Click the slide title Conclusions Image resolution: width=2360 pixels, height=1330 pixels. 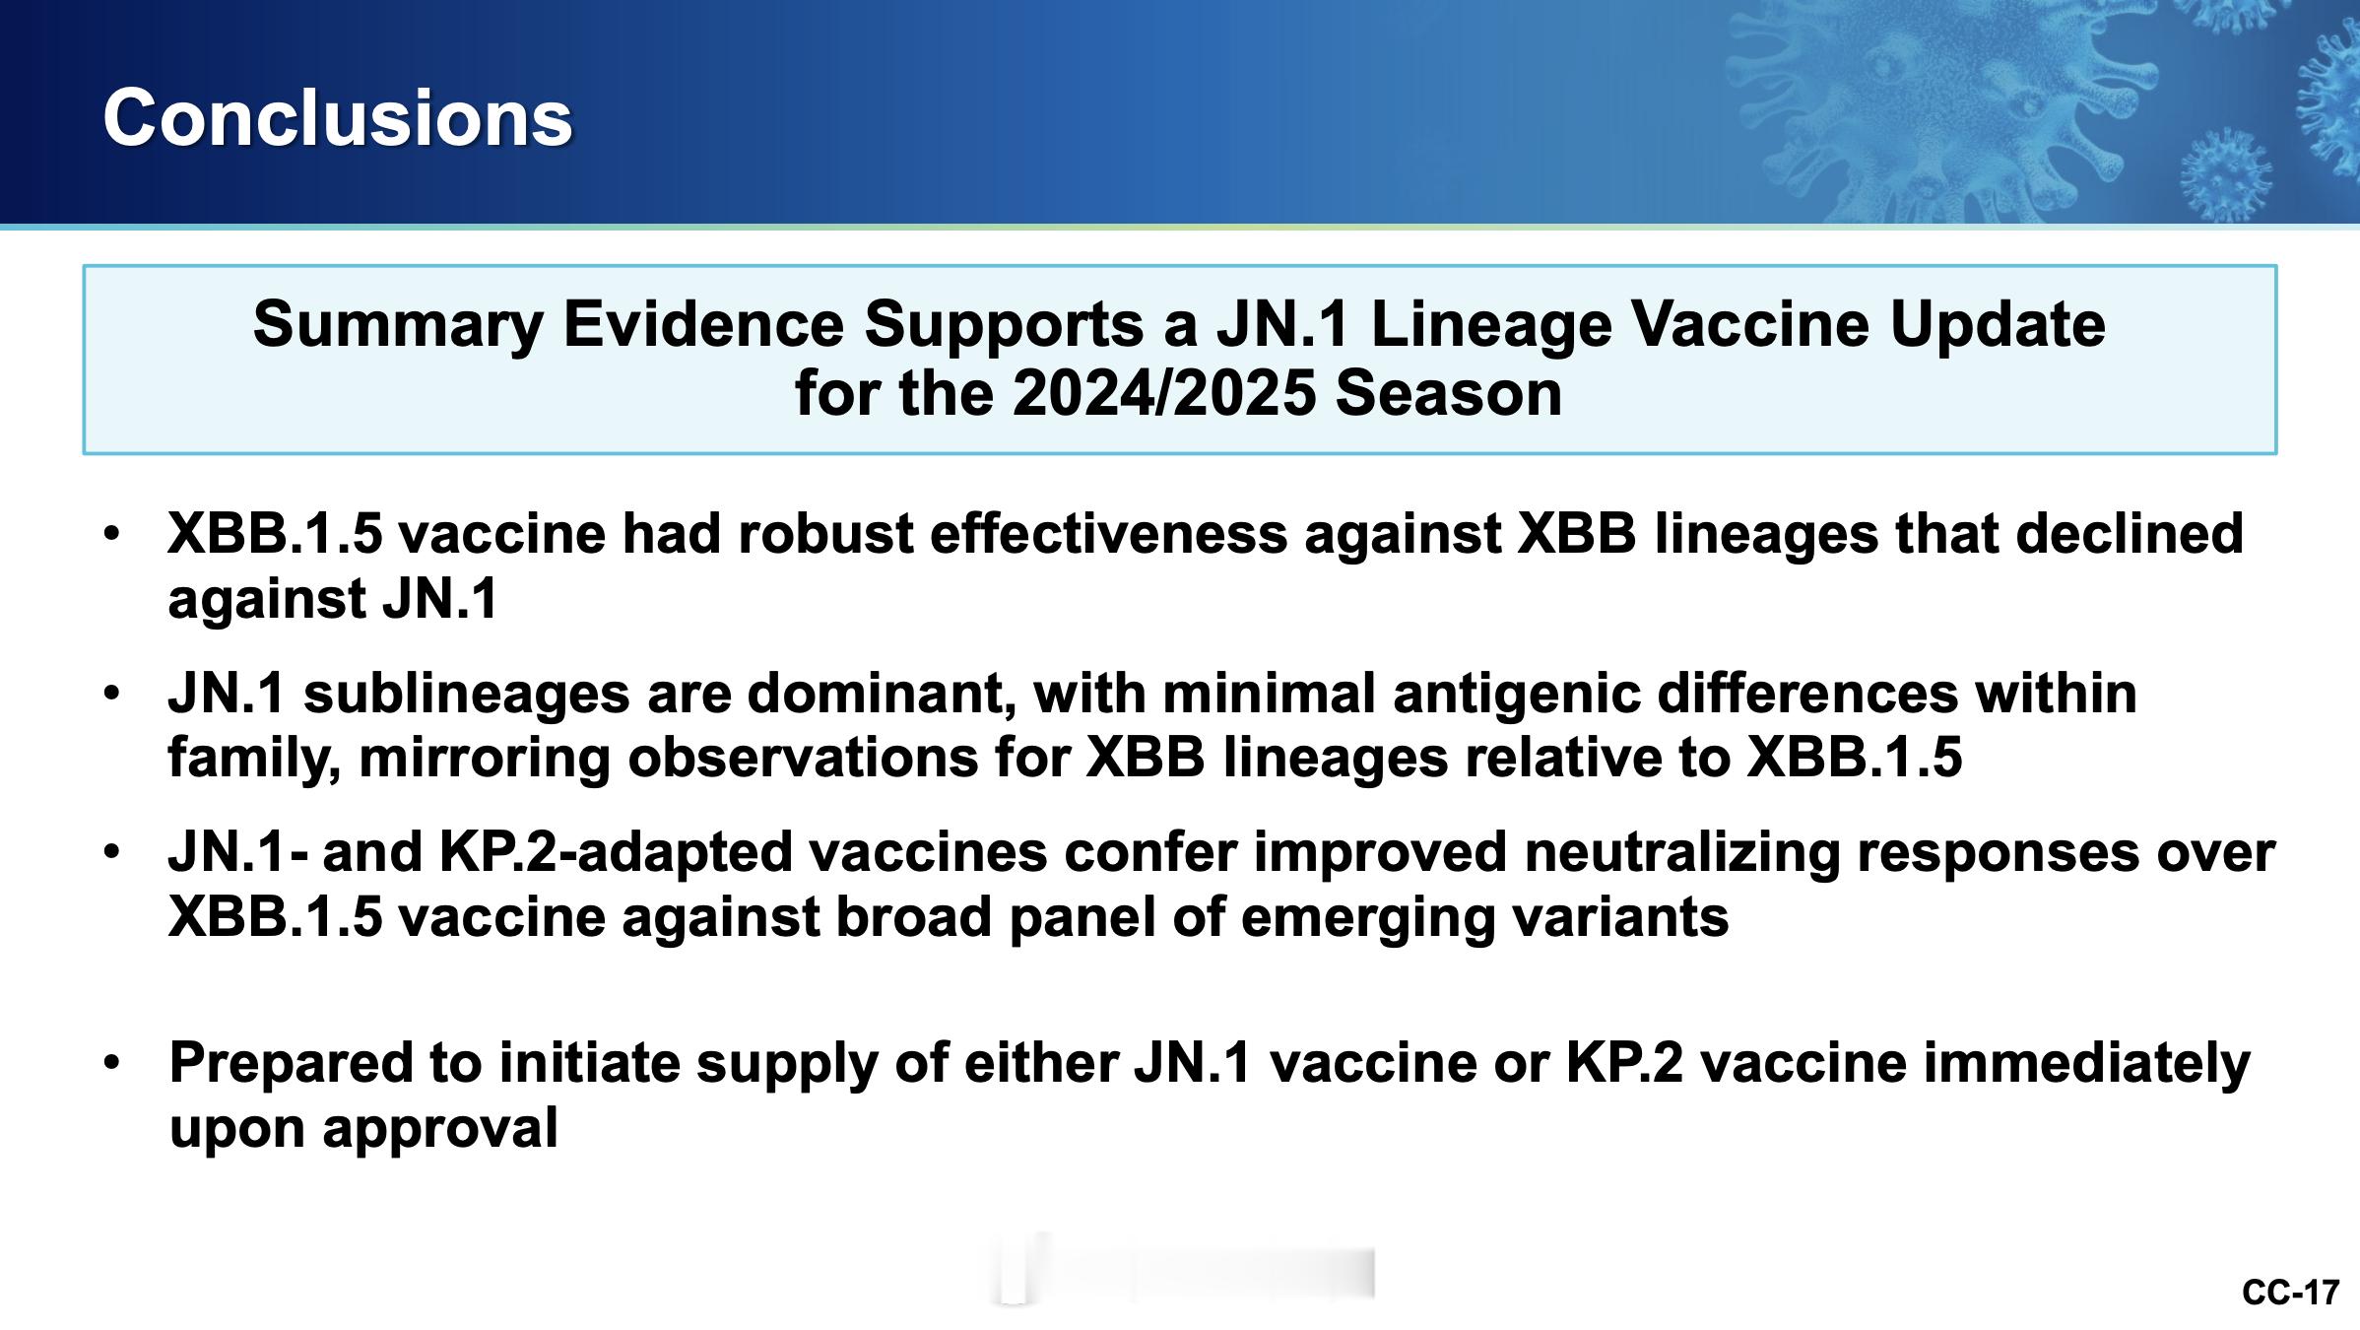click(x=337, y=117)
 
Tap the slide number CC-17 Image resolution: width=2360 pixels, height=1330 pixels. click(x=2290, y=1293)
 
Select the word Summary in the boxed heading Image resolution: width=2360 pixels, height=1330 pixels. click(x=398, y=325)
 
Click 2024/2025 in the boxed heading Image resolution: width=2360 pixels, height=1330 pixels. click(x=1164, y=393)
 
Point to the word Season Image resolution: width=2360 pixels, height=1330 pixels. click(x=1448, y=393)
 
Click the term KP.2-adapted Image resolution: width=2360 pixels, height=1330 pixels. click(x=616, y=852)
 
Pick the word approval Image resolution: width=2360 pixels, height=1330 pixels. click(x=439, y=1130)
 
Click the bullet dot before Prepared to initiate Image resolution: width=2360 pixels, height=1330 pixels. click(x=112, y=1062)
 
